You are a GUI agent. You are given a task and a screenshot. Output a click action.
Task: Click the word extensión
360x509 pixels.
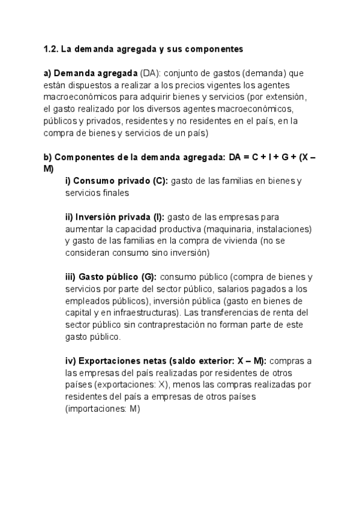click(x=287, y=97)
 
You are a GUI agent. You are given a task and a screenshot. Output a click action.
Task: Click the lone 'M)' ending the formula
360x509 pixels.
click(x=49, y=169)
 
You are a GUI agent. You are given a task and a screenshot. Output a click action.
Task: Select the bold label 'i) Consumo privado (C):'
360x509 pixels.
click(x=117, y=181)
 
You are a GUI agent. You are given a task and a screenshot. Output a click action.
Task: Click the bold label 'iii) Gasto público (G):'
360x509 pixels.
click(x=111, y=277)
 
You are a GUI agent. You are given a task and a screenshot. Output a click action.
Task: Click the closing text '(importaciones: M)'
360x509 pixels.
click(x=102, y=409)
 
